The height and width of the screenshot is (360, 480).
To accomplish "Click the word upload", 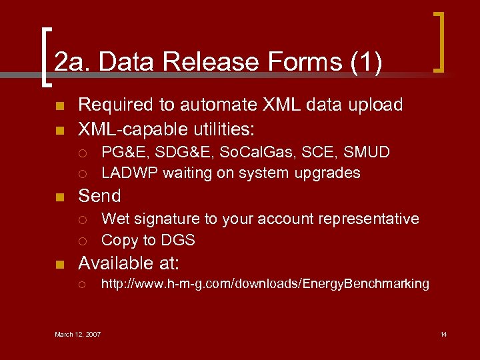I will (x=379, y=105).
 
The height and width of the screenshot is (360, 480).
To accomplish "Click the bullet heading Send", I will (x=100, y=196).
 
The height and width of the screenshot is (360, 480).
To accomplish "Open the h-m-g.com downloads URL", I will (x=265, y=284).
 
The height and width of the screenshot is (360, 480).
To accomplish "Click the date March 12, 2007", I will (x=78, y=334).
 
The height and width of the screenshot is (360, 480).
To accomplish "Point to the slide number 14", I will (x=443, y=334).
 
